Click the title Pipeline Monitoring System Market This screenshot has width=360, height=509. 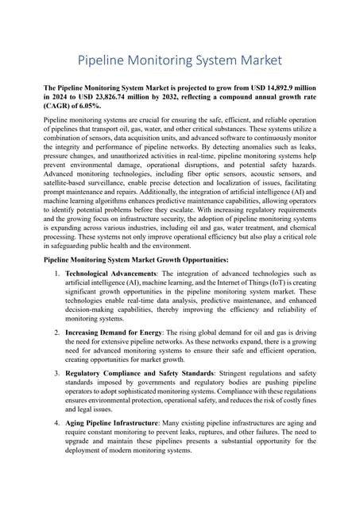pos(180,60)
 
